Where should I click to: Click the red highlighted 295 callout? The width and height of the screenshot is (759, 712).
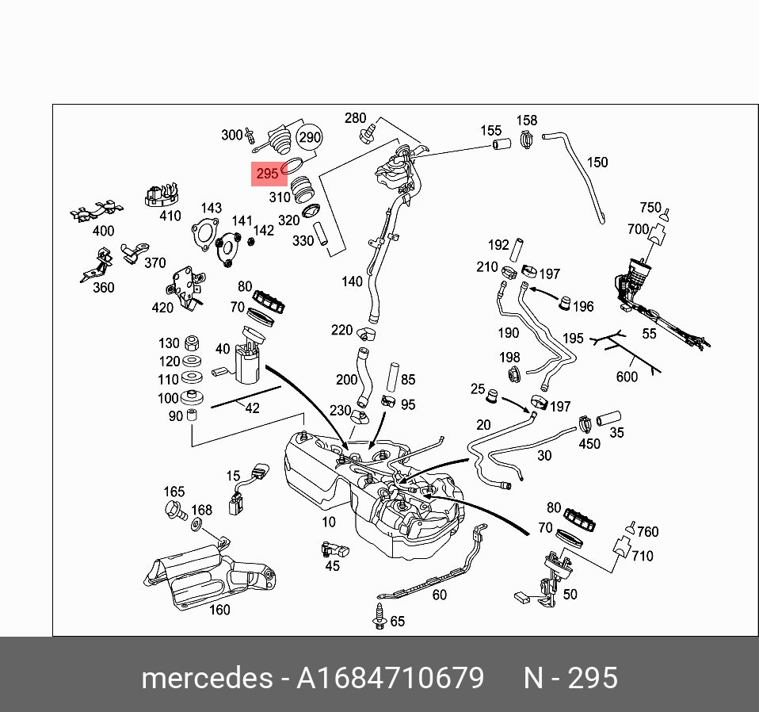coord(268,174)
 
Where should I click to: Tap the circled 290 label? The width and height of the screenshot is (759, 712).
coord(309,137)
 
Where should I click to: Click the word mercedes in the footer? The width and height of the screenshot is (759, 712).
coord(204,679)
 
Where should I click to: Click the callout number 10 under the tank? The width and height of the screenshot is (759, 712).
coord(329,522)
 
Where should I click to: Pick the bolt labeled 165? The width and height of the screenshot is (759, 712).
coord(174,510)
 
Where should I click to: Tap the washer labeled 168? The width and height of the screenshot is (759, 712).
coord(196,525)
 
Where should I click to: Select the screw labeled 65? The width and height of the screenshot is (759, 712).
coord(379,617)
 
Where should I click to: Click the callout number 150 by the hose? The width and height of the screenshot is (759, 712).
coord(597,163)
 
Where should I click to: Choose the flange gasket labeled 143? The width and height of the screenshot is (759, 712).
coord(204,235)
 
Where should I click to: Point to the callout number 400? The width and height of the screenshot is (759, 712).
coord(103,232)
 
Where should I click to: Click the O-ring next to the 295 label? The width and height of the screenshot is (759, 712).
coord(292,166)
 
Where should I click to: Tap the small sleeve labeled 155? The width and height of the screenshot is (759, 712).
coord(500,145)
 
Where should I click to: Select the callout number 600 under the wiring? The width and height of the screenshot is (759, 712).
coord(627,377)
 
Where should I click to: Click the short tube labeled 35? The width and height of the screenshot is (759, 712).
coord(609,419)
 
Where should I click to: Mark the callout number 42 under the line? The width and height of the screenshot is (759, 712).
coord(252,409)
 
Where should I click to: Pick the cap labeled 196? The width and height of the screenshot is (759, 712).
coord(565,302)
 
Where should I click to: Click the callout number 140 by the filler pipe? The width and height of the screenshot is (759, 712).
coord(352,281)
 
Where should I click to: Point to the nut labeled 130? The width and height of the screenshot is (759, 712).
coord(190,344)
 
